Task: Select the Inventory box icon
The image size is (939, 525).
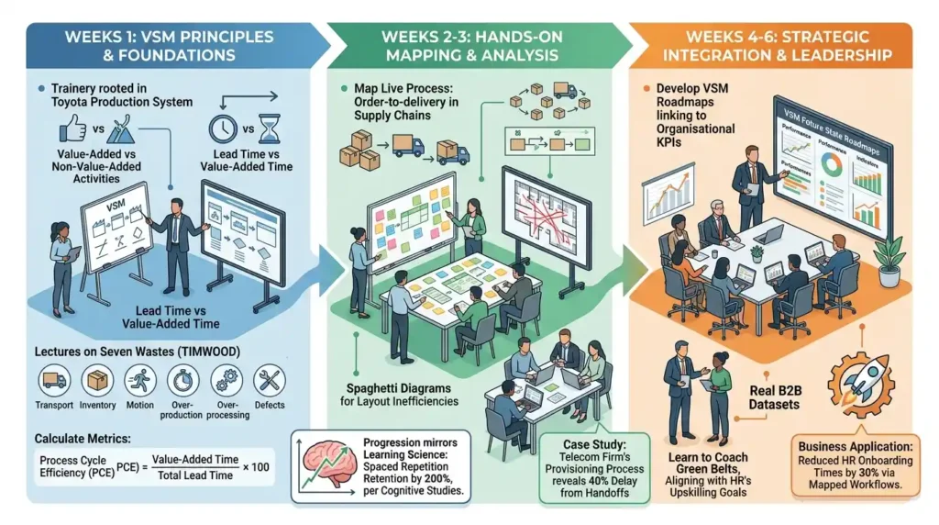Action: [x=97, y=380]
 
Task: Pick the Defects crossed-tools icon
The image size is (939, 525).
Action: [x=270, y=380]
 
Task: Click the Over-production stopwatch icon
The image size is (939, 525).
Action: [x=183, y=380]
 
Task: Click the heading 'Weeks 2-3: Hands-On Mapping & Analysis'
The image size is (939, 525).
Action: [x=470, y=46]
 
